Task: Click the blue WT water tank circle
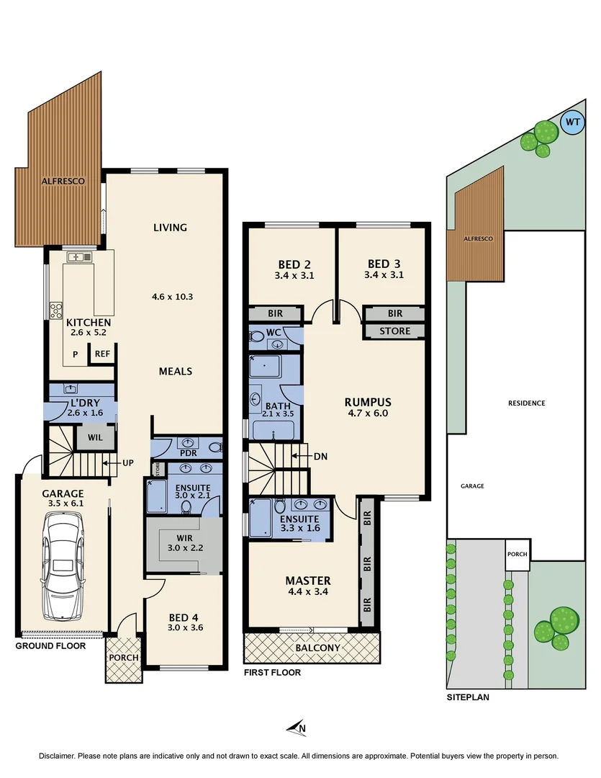pyautogui.click(x=573, y=122)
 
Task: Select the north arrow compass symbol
pyautogui.click(x=297, y=728)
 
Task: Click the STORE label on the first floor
pyautogui.click(x=394, y=331)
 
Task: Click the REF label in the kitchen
pyautogui.click(x=102, y=354)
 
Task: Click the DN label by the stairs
pyautogui.click(x=321, y=456)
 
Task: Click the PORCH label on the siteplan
pyautogui.click(x=517, y=554)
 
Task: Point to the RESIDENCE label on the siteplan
pyautogui.click(x=526, y=403)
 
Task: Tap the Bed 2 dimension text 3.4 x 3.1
pyautogui.click(x=294, y=275)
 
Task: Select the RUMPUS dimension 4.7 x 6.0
pyautogui.click(x=367, y=413)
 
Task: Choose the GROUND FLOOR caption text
pyautogui.click(x=50, y=646)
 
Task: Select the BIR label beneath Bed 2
pyautogui.click(x=274, y=314)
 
